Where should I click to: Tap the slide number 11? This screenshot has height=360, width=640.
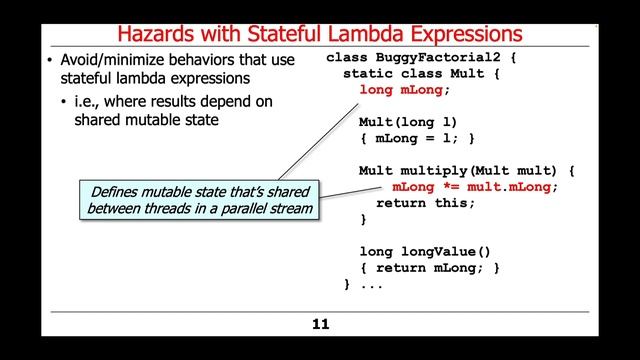(x=319, y=324)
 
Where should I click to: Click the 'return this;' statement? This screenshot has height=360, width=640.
(x=434, y=202)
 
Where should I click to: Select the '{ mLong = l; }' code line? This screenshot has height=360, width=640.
(x=418, y=138)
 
